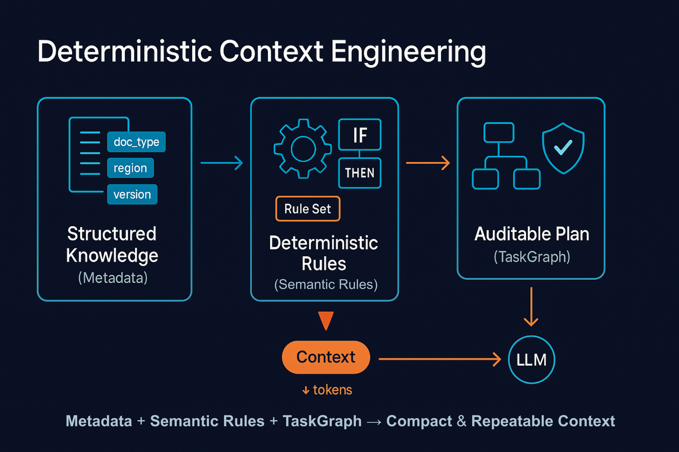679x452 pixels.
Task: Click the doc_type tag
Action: tap(136, 142)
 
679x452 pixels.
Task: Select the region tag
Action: tap(130, 168)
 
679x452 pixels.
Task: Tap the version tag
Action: tap(132, 194)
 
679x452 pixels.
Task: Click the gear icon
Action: tap(303, 149)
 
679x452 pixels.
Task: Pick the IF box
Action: tap(360, 135)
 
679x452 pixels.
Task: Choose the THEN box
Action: tap(360, 173)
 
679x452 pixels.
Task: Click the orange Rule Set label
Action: tap(307, 209)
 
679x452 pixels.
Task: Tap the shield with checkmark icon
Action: tap(563, 148)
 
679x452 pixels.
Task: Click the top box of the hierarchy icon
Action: tap(499, 133)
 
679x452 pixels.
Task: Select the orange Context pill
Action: tap(326, 357)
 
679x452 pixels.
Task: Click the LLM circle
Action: tap(531, 360)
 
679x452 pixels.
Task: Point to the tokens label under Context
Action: tap(327, 390)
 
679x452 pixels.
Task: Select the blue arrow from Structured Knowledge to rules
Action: tap(222, 163)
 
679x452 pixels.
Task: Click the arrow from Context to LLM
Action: tap(439, 359)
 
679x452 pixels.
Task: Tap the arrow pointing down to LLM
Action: tap(531, 307)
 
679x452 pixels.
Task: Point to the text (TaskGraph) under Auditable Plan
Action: tap(532, 257)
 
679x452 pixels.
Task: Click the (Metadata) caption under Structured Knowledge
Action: tap(113, 278)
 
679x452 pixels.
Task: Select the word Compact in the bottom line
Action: tap(419, 421)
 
